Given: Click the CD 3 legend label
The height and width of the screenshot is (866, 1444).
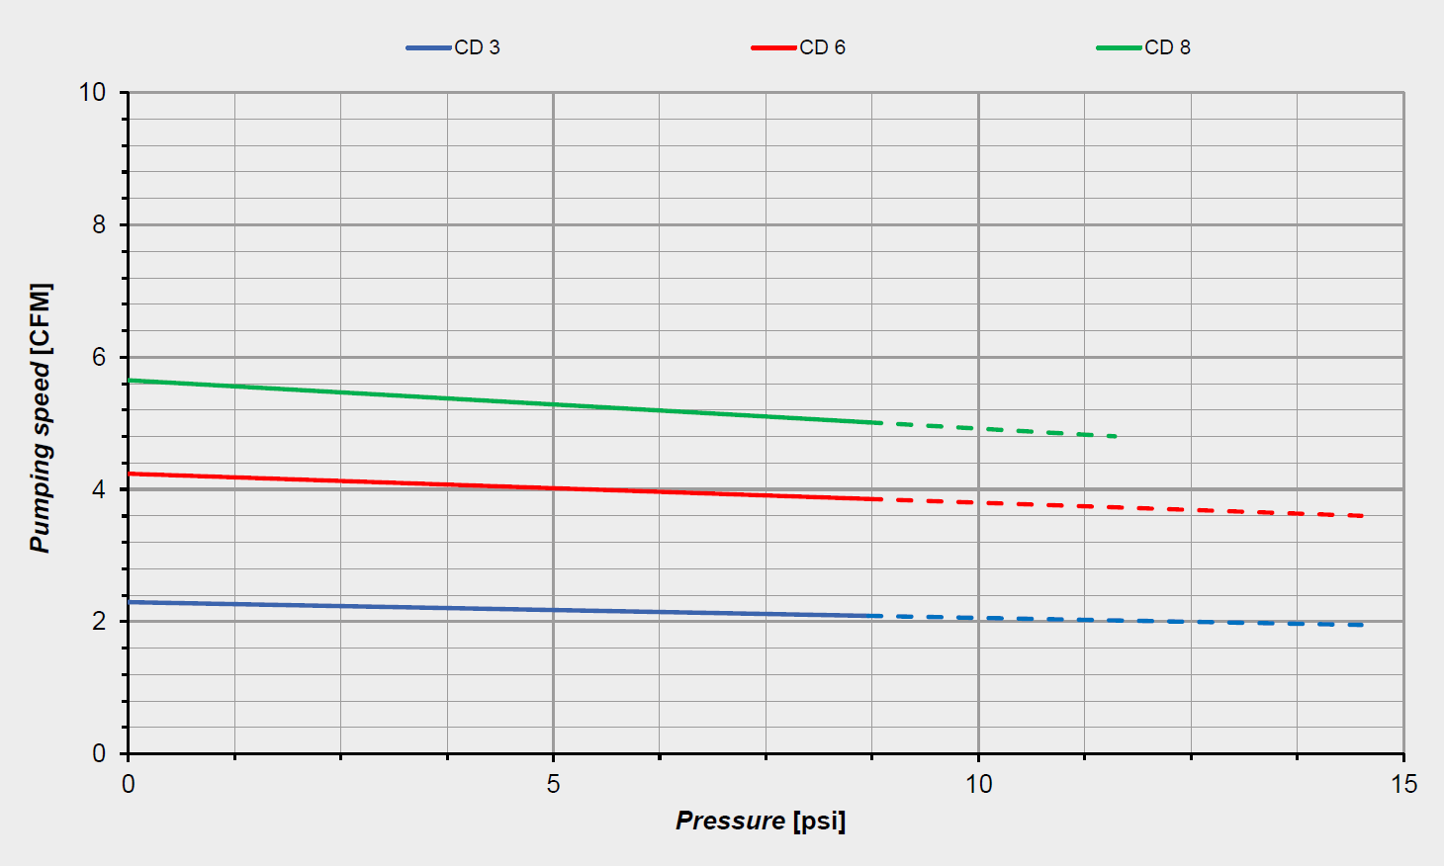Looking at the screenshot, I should (x=477, y=47).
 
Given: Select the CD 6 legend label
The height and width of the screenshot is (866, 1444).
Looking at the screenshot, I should (x=822, y=47).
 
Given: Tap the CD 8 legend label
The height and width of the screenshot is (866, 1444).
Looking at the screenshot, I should (x=1167, y=47).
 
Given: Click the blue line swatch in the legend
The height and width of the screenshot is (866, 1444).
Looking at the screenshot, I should (x=428, y=47).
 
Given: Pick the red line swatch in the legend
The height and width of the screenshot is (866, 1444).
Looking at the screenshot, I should (x=773, y=47).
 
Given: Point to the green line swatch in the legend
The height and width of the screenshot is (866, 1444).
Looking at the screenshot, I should (x=1119, y=47).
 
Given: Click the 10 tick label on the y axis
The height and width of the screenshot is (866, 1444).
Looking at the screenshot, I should (x=92, y=92).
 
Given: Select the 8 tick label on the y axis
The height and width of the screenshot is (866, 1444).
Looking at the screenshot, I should (x=99, y=224).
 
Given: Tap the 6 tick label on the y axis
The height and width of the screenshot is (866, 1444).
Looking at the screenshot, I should (x=99, y=357).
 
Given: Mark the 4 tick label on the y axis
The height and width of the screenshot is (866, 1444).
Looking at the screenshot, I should (x=99, y=489).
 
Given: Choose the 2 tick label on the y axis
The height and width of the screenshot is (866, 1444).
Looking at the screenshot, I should (x=99, y=622).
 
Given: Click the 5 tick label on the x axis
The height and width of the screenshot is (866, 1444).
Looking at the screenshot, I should (x=553, y=785).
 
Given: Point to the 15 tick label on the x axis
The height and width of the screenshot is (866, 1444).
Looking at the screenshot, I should (x=1403, y=785).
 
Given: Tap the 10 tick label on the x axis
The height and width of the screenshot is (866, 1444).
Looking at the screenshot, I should (x=978, y=785).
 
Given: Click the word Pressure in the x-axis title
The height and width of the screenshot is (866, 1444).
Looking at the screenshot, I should (x=730, y=821).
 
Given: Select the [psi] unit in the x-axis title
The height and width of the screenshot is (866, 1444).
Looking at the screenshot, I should (x=819, y=821).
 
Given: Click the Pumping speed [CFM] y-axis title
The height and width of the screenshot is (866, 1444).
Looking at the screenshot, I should (x=40, y=418).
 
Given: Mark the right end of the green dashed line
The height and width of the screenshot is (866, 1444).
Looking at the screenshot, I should (x=1115, y=436).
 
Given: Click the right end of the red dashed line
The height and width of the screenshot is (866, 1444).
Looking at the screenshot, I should (x=1363, y=516).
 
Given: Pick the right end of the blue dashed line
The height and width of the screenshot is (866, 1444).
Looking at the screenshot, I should (x=1363, y=625).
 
